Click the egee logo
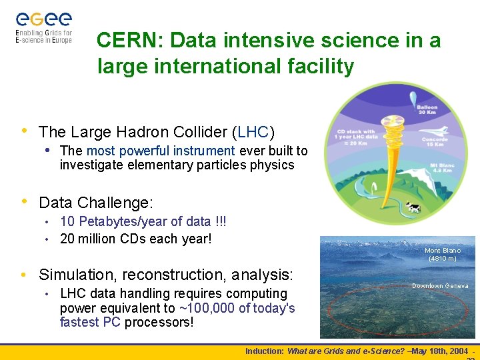[x=43, y=26]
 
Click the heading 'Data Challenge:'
[x=96, y=201]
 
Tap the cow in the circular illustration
[x=414, y=208]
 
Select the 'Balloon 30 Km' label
[x=427, y=109]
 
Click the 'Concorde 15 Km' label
[x=434, y=143]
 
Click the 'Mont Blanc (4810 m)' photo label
[x=443, y=254]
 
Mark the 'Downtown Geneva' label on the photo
[x=439, y=285]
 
